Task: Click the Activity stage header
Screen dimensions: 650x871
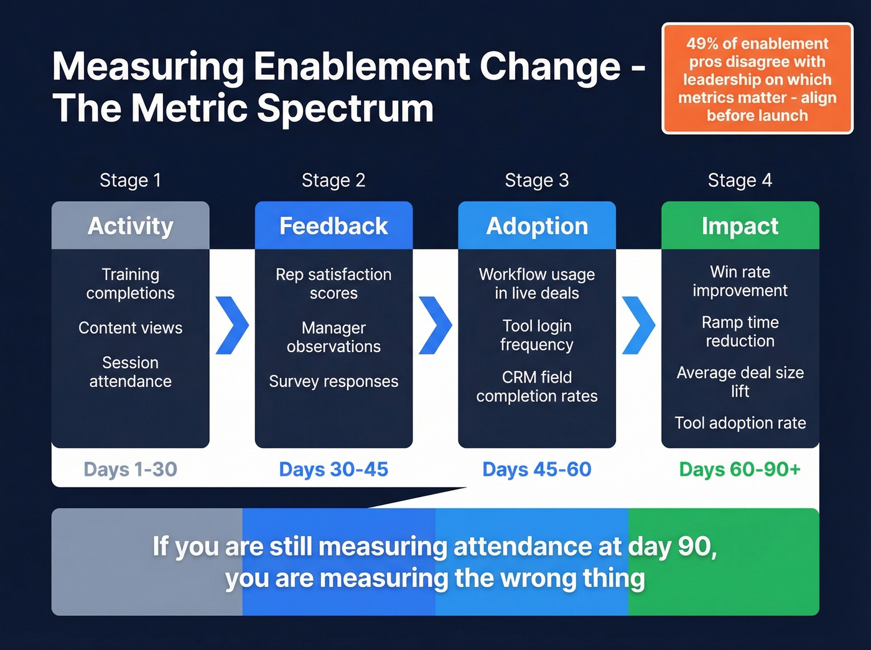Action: pyautogui.click(x=130, y=226)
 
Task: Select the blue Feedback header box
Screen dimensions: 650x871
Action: pyautogui.click(x=333, y=226)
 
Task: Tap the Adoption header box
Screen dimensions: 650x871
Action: pyautogui.click(x=537, y=226)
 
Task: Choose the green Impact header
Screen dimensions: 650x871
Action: pyautogui.click(x=740, y=226)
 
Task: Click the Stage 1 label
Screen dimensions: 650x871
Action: pyautogui.click(x=130, y=180)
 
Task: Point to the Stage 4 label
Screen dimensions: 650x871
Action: pyautogui.click(x=740, y=180)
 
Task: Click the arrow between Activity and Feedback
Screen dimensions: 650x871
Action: pyautogui.click(x=232, y=325)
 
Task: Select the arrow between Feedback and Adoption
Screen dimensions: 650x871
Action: pyautogui.click(x=435, y=325)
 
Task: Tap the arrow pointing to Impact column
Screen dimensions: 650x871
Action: pyautogui.click(x=638, y=325)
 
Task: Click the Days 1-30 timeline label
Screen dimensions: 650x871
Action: pyautogui.click(x=130, y=469)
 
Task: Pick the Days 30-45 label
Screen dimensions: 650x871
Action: pyautogui.click(x=333, y=469)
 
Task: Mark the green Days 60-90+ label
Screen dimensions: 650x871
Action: pyautogui.click(x=740, y=469)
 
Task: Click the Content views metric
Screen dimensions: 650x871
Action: pyautogui.click(x=130, y=328)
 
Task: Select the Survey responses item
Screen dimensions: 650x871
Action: pyautogui.click(x=333, y=381)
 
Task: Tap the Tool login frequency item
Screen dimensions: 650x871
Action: pyautogui.click(x=537, y=335)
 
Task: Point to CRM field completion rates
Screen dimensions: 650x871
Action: pyautogui.click(x=537, y=386)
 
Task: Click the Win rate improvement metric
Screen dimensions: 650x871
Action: pyautogui.click(x=740, y=281)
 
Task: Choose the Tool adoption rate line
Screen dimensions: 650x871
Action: pyautogui.click(x=740, y=423)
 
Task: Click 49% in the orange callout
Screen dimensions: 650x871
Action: pyautogui.click(x=702, y=44)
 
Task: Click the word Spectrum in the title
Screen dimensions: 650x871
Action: pyautogui.click(x=345, y=108)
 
